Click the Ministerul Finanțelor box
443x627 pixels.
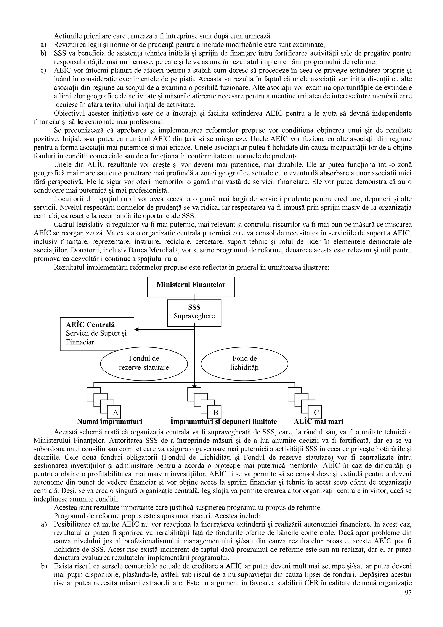(191, 287)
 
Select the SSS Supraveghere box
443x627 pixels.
(194, 313)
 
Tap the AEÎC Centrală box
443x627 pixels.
(97, 334)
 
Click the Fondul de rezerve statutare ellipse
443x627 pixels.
(144, 363)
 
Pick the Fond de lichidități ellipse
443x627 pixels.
(244, 363)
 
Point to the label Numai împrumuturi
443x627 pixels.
(109, 422)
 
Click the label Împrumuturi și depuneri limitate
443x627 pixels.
(223, 422)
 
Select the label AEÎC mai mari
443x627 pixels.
(318, 422)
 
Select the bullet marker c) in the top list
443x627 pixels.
(43, 71)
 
